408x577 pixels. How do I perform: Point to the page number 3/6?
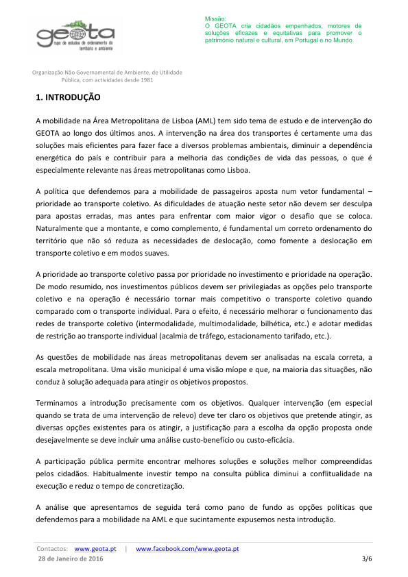[366, 560]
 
